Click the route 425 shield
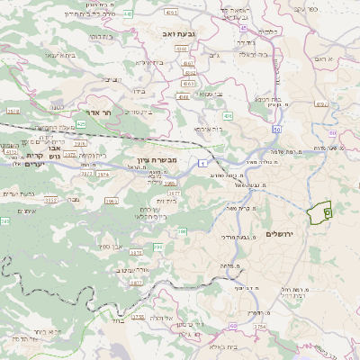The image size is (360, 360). tap(81, 124)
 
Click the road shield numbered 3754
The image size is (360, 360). tap(261, 326)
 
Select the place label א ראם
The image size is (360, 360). tap(325, 58)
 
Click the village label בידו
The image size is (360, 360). tap(138, 91)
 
